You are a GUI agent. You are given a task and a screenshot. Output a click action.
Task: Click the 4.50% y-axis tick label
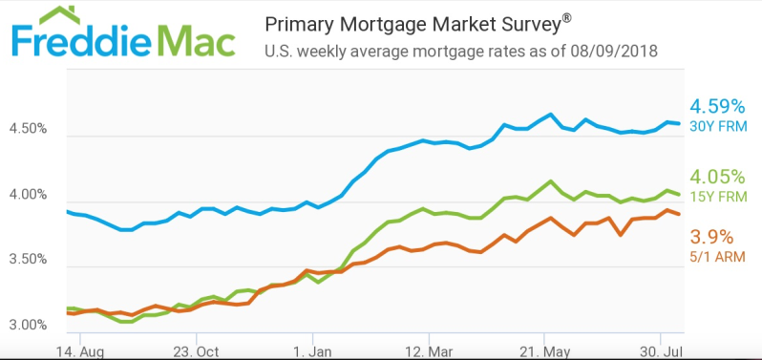tap(28, 130)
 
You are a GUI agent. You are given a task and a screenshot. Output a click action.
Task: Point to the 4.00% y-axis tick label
tap(28, 196)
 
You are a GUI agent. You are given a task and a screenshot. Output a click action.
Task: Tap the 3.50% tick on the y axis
tap(28, 260)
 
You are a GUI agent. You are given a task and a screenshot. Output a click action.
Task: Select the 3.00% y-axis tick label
tap(28, 325)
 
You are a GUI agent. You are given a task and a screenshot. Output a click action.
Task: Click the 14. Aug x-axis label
tap(79, 351)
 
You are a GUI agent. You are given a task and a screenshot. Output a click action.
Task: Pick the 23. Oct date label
tap(196, 351)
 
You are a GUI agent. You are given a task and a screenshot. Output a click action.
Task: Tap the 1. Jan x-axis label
tap(312, 351)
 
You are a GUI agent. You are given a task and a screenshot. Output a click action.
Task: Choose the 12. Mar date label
tap(429, 351)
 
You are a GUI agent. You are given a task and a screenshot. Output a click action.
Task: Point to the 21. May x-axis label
tap(544, 351)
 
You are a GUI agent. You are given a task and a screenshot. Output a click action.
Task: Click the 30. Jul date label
tap(660, 351)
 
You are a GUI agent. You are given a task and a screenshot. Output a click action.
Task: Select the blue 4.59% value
tap(717, 106)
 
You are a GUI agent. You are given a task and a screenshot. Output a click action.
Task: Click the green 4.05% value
tap(717, 177)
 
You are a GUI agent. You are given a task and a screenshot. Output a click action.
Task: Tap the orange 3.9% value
tap(711, 238)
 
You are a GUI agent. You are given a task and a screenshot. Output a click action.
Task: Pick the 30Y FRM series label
tap(718, 127)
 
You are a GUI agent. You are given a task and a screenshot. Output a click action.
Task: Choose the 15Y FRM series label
tap(718, 197)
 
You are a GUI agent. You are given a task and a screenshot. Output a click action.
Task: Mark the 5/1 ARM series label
tap(717, 258)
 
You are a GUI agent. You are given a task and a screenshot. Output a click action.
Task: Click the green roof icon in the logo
tap(59, 15)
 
